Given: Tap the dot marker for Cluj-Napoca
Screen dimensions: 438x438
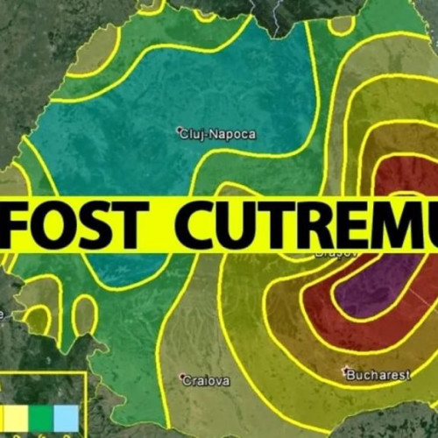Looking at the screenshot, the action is pyautogui.click(x=179, y=132).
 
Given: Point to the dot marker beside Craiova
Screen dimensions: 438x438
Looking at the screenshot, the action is pyautogui.click(x=183, y=378).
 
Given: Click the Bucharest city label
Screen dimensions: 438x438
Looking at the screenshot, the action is pyautogui.click(x=378, y=375).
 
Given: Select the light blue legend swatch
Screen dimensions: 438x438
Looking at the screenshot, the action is pyautogui.click(x=67, y=419).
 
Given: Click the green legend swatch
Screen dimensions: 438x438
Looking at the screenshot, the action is pyautogui.click(x=41, y=419).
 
